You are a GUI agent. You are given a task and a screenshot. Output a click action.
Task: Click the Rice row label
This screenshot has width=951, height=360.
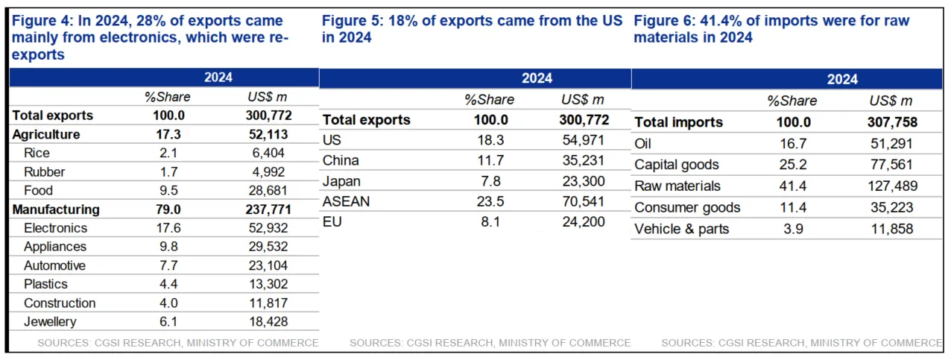tap(37, 153)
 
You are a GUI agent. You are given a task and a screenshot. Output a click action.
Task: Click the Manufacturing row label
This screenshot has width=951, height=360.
tap(56, 209)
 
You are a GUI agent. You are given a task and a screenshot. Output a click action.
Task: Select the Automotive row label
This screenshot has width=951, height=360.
tap(54, 265)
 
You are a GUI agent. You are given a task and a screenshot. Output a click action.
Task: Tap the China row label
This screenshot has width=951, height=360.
tap(341, 160)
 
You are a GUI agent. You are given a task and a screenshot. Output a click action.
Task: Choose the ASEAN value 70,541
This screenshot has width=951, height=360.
tap(584, 201)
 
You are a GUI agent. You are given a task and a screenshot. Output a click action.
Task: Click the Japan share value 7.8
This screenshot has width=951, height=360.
tap(490, 180)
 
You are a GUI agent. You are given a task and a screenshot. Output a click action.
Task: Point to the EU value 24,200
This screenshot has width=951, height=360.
tap(584, 221)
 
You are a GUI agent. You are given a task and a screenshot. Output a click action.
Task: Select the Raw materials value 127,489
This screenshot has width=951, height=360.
tap(892, 186)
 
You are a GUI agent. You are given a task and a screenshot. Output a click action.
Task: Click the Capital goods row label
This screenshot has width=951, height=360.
tap(676, 165)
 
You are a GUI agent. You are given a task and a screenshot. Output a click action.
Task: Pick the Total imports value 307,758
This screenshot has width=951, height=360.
tap(892, 122)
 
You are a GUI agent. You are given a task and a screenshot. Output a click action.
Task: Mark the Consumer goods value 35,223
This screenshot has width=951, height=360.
tap(892, 208)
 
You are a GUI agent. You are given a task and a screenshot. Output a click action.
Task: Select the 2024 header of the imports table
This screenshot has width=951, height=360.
tap(842, 79)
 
